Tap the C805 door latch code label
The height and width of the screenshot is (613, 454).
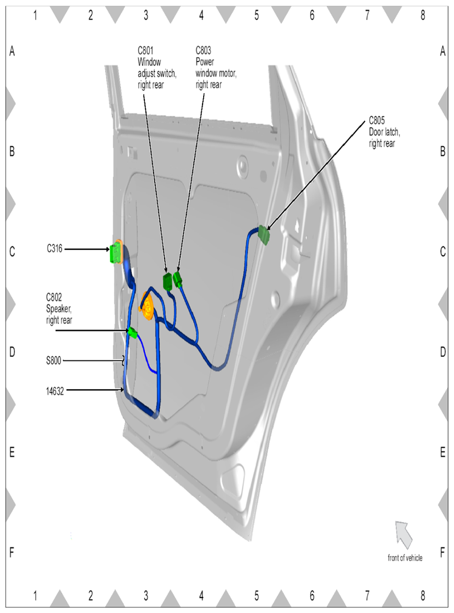pyautogui.click(x=376, y=122)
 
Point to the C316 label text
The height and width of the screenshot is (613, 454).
pyautogui.click(x=55, y=249)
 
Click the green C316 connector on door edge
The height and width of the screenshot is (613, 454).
pyautogui.click(x=116, y=252)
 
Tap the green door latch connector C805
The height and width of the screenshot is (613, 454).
pyautogui.click(x=264, y=235)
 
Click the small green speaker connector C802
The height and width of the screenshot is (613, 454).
pyautogui.click(x=132, y=332)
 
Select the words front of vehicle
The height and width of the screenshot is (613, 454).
pyautogui.click(x=405, y=558)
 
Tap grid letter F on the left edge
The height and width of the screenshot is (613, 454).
pyautogui.click(x=12, y=553)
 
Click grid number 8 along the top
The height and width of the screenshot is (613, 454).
pyautogui.click(x=422, y=15)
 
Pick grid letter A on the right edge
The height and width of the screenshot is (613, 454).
pyautogui.click(x=442, y=52)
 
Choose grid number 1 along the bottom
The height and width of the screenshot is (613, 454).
pyautogui.click(x=36, y=596)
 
